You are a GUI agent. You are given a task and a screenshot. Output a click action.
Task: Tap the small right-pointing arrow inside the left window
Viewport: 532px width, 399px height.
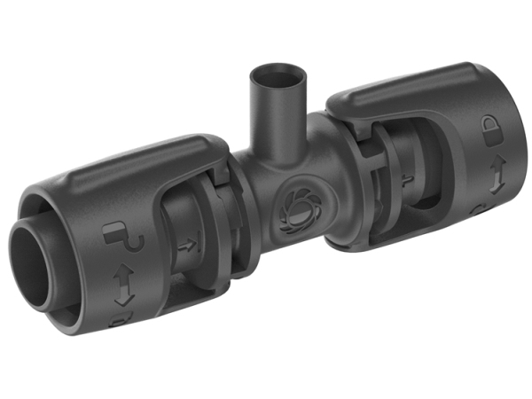pyautogui.click(x=187, y=247)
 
